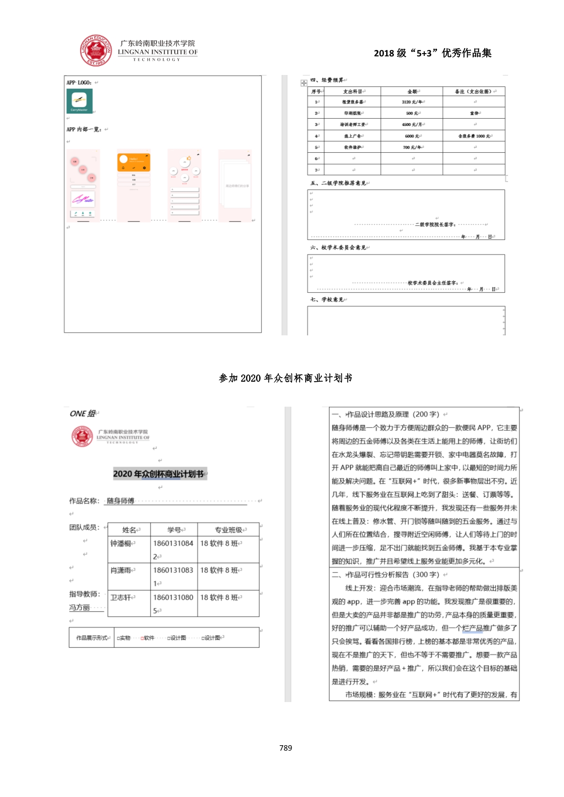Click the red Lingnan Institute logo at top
pyautogui.click(x=96, y=50)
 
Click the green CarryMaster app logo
pyautogui.click(x=80, y=101)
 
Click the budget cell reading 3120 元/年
pyautogui.click(x=411, y=102)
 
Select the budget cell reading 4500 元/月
pyautogui.click(x=411, y=125)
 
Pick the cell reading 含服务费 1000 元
pyautogui.click(x=474, y=136)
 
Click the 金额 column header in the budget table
pyautogui.click(x=412, y=91)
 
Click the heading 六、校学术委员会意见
pyautogui.click(x=338, y=248)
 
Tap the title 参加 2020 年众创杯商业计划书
pyautogui.click(x=285, y=378)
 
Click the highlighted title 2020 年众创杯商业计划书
pyautogui.click(x=158, y=474)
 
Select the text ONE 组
pyautogui.click(x=82, y=413)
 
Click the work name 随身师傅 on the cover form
pyautogui.click(x=121, y=501)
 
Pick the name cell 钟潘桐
pyautogui.click(x=121, y=543)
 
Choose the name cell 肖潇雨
pyautogui.click(x=121, y=570)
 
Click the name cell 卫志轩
pyautogui.click(x=121, y=598)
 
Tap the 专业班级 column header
pyautogui.click(x=228, y=530)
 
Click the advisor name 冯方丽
pyautogui.click(x=80, y=608)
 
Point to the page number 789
pyautogui.click(x=286, y=748)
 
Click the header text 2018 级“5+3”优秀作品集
pyautogui.click(x=433, y=53)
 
